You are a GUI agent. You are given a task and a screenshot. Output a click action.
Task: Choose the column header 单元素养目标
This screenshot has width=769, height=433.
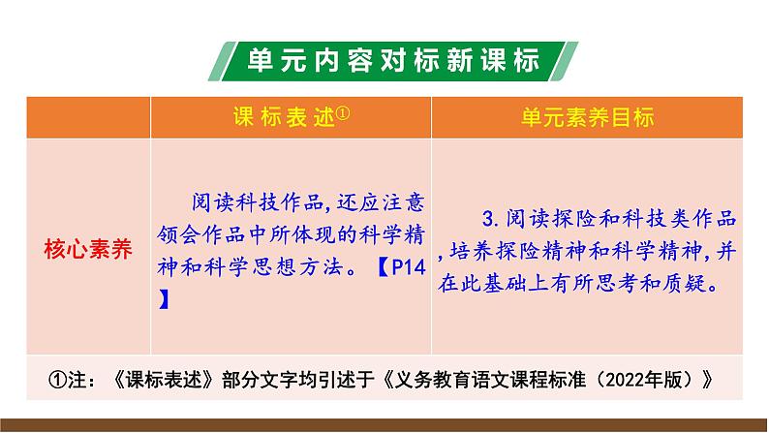pyautogui.click(x=587, y=117)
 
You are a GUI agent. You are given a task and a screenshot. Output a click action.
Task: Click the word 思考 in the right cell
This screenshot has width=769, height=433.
pyautogui.click(x=625, y=286)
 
